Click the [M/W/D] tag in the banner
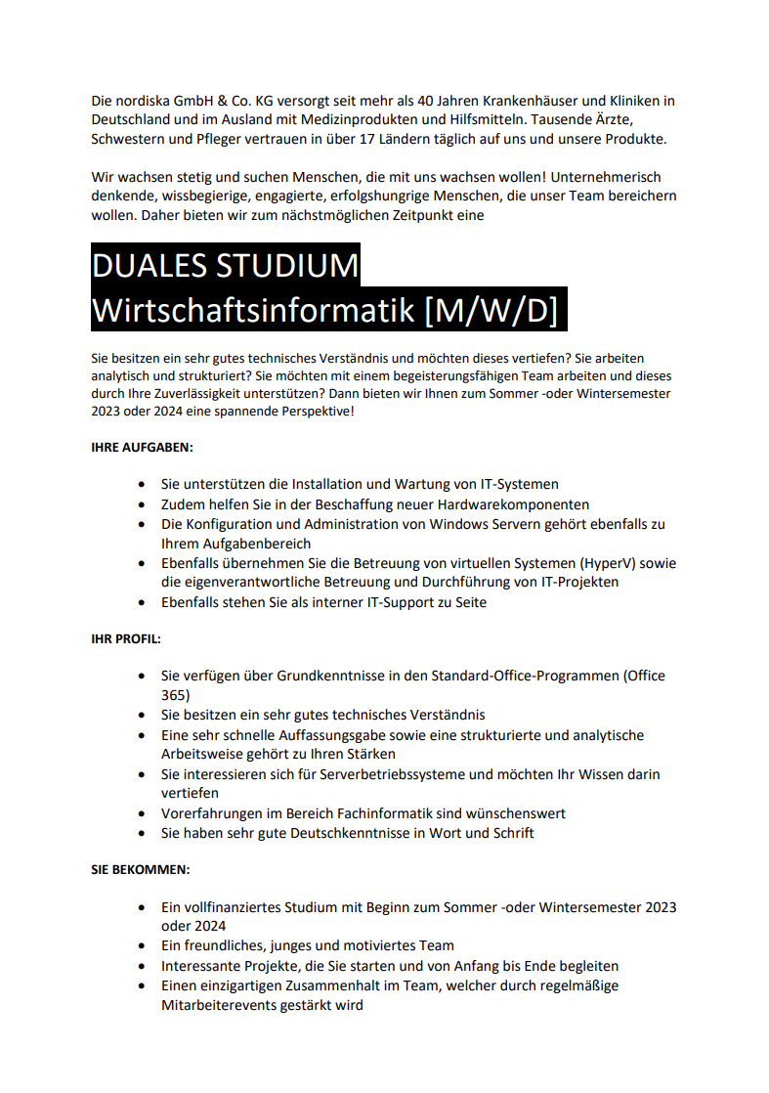pyautogui.click(x=491, y=310)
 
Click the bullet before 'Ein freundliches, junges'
pyautogui.click(x=143, y=945)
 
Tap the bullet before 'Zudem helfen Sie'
pyautogui.click(x=143, y=504)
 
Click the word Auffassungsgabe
pyautogui.click(x=315, y=735)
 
